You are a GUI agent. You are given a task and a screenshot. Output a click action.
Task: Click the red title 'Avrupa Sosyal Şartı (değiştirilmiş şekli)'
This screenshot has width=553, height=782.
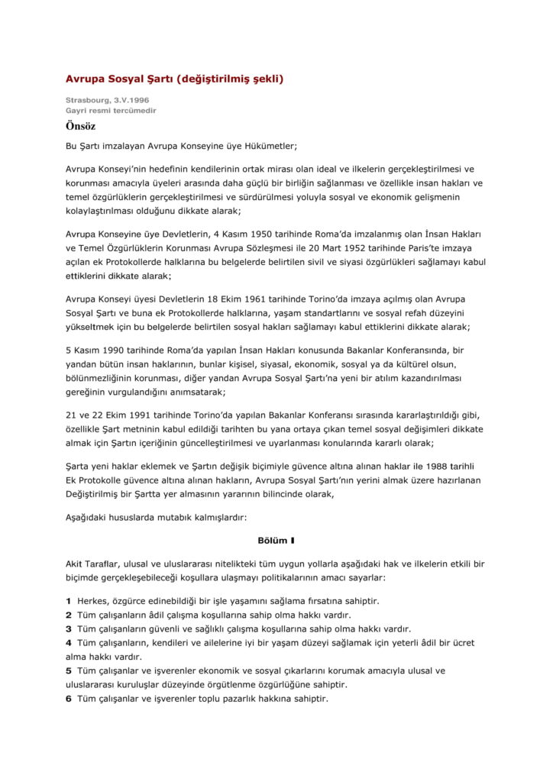[x=174, y=78]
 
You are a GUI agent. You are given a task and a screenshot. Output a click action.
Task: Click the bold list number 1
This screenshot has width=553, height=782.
[x=69, y=602]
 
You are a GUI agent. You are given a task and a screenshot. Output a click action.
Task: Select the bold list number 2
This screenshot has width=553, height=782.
[x=69, y=616]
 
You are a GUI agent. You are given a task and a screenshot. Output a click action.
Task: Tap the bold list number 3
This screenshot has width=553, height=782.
[x=69, y=629]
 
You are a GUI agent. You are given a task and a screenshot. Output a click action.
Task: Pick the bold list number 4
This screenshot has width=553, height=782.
[x=69, y=643]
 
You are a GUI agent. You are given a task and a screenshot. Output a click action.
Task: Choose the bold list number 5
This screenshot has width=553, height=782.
[x=69, y=671]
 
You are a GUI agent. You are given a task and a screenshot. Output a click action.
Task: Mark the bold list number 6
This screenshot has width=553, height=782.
[x=69, y=698]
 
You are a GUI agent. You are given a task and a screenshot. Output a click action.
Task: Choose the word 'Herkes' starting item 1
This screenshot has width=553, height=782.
[x=93, y=602]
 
